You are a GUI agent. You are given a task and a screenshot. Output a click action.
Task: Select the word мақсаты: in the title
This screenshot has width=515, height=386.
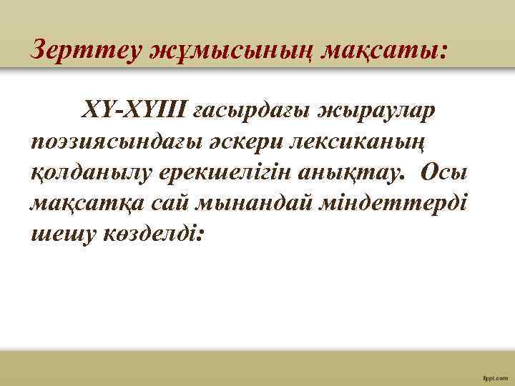pyautogui.click(x=387, y=51)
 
